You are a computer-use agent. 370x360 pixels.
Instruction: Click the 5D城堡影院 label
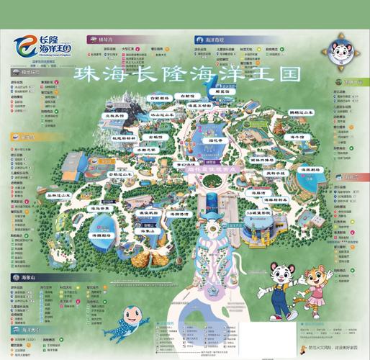(x=258, y=214)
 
